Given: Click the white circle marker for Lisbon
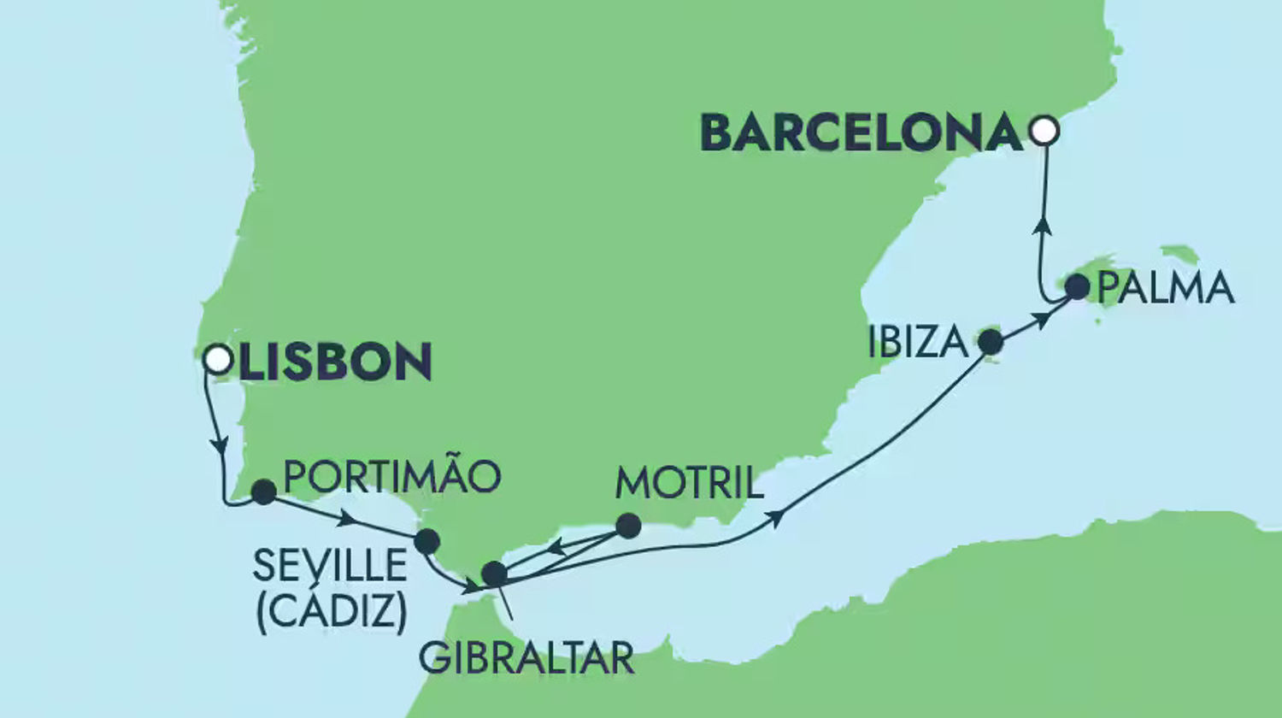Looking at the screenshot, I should coord(218,359).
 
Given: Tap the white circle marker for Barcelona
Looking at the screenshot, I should coord(1044,131).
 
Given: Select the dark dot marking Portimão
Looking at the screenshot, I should coord(263,491).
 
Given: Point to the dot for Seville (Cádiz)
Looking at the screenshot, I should coord(426,541).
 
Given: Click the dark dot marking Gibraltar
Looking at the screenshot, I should coord(494,574).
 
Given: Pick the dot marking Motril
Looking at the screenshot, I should coord(628,526).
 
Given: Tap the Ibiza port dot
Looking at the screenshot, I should coord(990,342).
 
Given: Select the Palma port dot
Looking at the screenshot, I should coord(1078,287).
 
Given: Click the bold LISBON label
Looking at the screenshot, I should coord(335,362).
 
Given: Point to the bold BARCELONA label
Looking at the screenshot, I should coord(862,134).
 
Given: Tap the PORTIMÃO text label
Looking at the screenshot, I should coord(391,477).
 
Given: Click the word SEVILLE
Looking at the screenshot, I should coord(330,566).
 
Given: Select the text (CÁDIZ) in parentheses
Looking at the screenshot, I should coord(332,611).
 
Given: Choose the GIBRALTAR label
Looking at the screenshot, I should coord(526,658).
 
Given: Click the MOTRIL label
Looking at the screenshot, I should coord(689,484).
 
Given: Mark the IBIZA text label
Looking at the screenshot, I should coord(918,343).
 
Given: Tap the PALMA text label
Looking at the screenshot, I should coord(1166,289).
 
